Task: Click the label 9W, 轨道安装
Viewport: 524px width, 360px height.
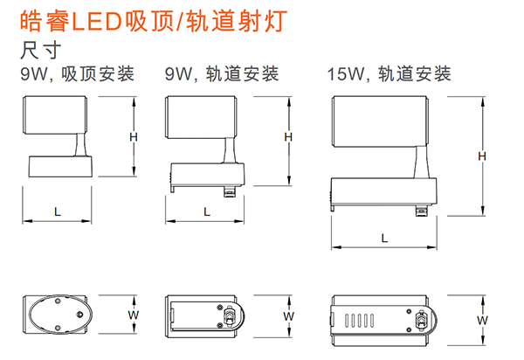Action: click(x=223, y=75)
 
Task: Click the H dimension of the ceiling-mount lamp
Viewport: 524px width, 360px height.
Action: click(x=134, y=136)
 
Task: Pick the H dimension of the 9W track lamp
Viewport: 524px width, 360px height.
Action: click(x=287, y=137)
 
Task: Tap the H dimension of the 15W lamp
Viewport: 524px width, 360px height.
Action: click(x=481, y=156)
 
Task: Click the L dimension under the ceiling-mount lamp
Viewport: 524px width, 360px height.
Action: click(x=57, y=211)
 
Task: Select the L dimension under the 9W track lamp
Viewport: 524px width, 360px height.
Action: click(x=207, y=211)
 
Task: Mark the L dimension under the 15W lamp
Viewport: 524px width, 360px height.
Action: click(x=383, y=238)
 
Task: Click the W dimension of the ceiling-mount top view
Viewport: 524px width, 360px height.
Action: click(x=134, y=313)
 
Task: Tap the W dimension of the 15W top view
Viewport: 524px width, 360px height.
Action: click(x=481, y=320)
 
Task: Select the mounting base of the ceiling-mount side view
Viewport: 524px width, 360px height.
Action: click(x=59, y=166)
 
